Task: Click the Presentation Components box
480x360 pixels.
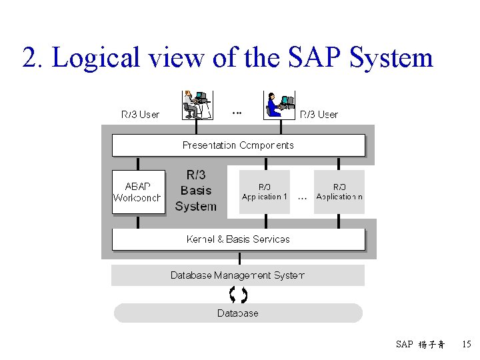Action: click(238, 145)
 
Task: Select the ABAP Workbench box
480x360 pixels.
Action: click(138, 192)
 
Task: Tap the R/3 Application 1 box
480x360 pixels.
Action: click(265, 192)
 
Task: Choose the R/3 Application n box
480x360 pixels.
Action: click(339, 192)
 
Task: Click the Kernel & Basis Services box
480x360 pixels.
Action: click(238, 239)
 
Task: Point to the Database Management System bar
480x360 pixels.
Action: click(238, 275)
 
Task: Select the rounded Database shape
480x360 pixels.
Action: click(238, 313)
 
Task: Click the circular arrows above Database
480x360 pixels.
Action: click(238, 294)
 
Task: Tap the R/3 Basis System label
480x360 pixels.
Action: click(196, 191)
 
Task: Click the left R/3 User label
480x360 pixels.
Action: click(140, 115)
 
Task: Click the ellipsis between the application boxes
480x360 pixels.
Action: click(302, 197)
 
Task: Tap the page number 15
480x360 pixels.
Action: click(466, 345)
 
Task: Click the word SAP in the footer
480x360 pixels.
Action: click(404, 345)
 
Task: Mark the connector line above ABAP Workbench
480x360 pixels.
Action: click(138, 163)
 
